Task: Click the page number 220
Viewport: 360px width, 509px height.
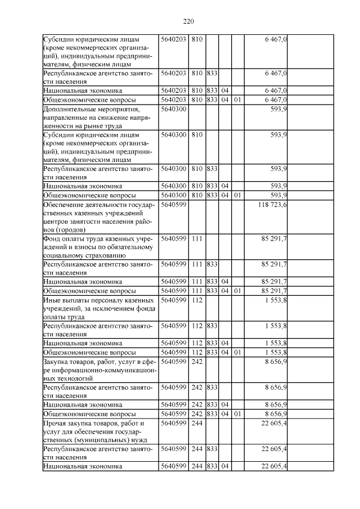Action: [x=188, y=21]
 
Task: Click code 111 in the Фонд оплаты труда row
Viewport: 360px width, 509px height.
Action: [x=196, y=238]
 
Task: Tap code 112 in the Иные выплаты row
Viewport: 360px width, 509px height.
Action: [x=196, y=301]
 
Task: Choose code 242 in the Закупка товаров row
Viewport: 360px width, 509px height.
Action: [x=196, y=363]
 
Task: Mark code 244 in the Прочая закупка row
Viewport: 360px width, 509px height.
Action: [x=196, y=422]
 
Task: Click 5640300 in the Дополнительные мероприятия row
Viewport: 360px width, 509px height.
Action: [x=173, y=108]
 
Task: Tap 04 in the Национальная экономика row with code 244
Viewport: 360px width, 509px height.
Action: [x=224, y=466]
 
